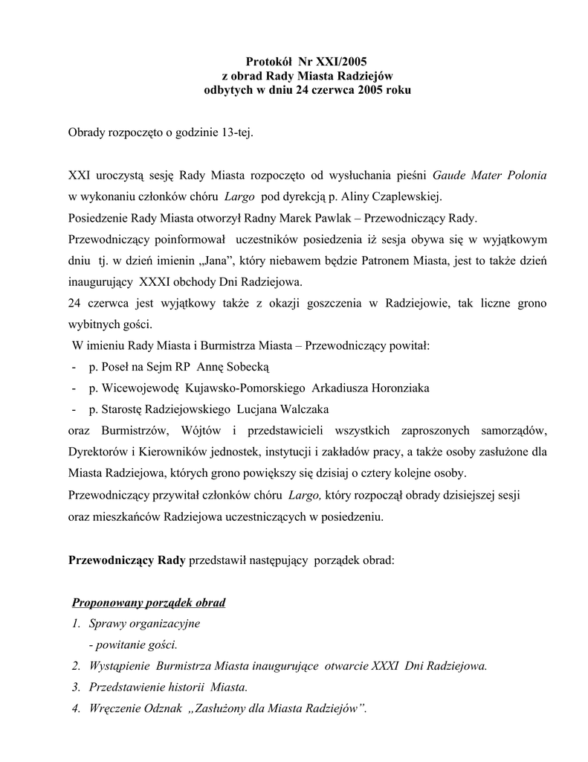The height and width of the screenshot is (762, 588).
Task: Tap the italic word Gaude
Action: tap(450, 176)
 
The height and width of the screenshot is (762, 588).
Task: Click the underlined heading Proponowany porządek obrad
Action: tap(148, 601)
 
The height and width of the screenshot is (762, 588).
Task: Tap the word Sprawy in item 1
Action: tap(107, 623)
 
